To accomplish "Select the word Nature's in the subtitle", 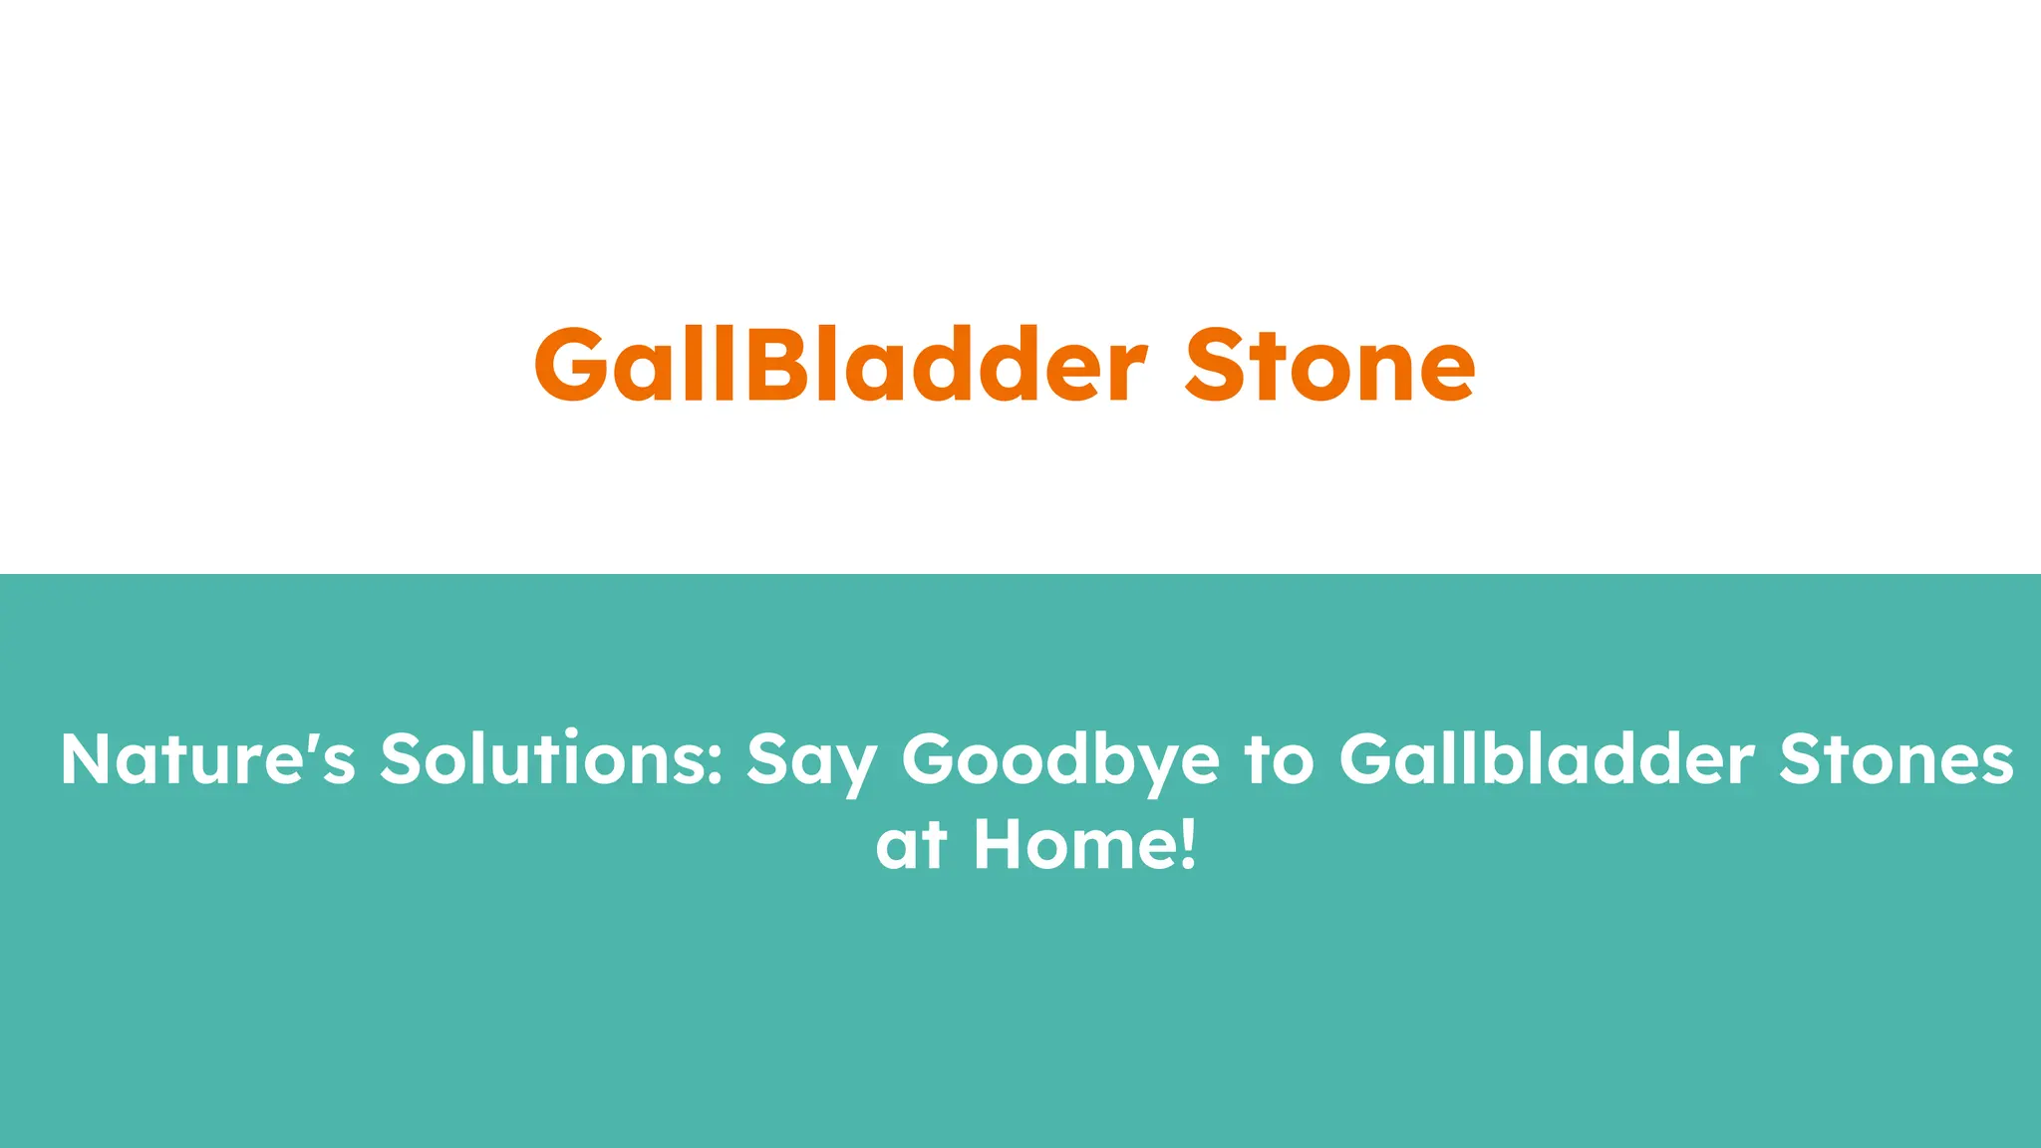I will pyautogui.click(x=207, y=759).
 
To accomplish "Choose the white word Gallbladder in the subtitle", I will pyautogui.click(x=1546, y=759).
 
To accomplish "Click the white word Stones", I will pyautogui.click(x=1896, y=759).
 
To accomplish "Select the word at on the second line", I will pyautogui.click(x=911, y=846).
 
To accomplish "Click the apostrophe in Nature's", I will pyautogui.click(x=310, y=741).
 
